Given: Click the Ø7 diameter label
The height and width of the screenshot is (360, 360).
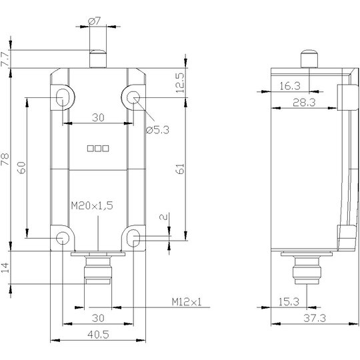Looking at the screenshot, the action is pyautogui.click(x=95, y=21).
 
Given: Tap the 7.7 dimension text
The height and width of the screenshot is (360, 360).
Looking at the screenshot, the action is pyautogui.click(x=5, y=59).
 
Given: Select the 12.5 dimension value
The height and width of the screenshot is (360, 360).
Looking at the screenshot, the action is pyautogui.click(x=180, y=83).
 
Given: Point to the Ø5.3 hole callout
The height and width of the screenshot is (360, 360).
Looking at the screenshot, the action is pyautogui.click(x=158, y=130).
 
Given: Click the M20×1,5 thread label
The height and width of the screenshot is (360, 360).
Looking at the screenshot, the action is pyautogui.click(x=92, y=205).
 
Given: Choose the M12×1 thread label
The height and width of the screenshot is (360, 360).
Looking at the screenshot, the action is pyautogui.click(x=187, y=302).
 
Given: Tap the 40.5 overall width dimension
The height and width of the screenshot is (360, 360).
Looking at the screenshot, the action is pyautogui.click(x=98, y=335).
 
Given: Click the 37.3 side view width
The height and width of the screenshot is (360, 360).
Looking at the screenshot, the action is pyautogui.click(x=315, y=318).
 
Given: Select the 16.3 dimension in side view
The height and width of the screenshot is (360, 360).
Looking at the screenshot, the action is pyautogui.click(x=290, y=86).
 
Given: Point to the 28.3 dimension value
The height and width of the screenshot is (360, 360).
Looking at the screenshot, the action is pyautogui.click(x=304, y=103).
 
